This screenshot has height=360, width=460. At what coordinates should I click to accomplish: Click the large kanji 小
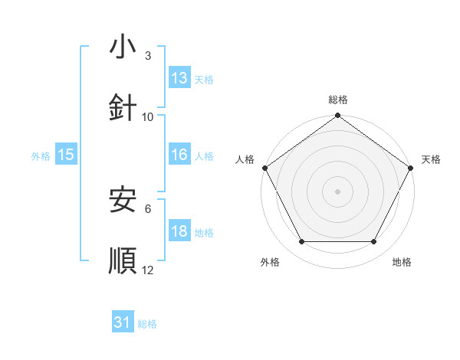point(123,48)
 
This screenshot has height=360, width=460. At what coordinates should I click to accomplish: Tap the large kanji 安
point(123,201)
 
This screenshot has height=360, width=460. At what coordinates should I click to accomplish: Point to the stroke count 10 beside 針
point(148,116)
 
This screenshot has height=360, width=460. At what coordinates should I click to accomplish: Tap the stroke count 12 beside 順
point(148,269)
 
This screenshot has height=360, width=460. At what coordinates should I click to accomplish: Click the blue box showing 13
point(179,78)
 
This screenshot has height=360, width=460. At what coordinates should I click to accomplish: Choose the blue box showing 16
point(179,155)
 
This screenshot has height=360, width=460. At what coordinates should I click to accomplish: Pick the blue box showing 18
point(179,231)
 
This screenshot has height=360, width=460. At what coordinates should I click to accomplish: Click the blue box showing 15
point(66,155)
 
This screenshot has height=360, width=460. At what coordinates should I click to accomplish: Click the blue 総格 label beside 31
point(147,324)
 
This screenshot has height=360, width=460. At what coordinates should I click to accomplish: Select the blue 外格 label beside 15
point(41,156)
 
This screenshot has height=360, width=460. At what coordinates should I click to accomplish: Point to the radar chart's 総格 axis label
point(337,100)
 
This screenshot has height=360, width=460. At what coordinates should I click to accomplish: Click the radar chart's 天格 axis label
point(431,159)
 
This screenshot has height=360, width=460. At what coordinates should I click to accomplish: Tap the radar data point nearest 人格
point(264,168)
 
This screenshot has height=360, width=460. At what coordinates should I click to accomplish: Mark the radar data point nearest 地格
point(374,242)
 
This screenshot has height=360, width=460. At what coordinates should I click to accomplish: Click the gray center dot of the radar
point(337,191)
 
